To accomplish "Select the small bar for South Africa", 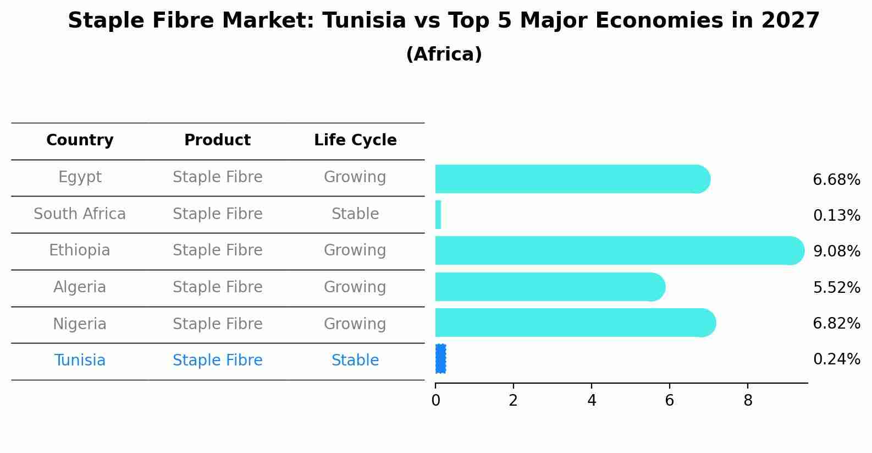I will point(438,215).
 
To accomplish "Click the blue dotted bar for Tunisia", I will point(440,359).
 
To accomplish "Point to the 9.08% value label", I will point(836,252).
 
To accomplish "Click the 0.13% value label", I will point(836,216).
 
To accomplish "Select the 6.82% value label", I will point(836,324).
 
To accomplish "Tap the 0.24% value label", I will point(836,359).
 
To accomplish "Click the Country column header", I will point(80,140).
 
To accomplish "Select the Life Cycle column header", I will point(355,140).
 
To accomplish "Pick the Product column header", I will point(217,140).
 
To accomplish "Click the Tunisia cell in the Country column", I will point(80,361).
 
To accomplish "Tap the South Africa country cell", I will point(80,214).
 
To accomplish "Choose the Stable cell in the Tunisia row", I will point(355,361).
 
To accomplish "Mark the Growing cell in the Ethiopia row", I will point(355,250).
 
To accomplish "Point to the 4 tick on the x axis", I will point(592,401).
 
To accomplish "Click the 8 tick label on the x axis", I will point(748,401).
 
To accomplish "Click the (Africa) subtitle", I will point(444,54).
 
